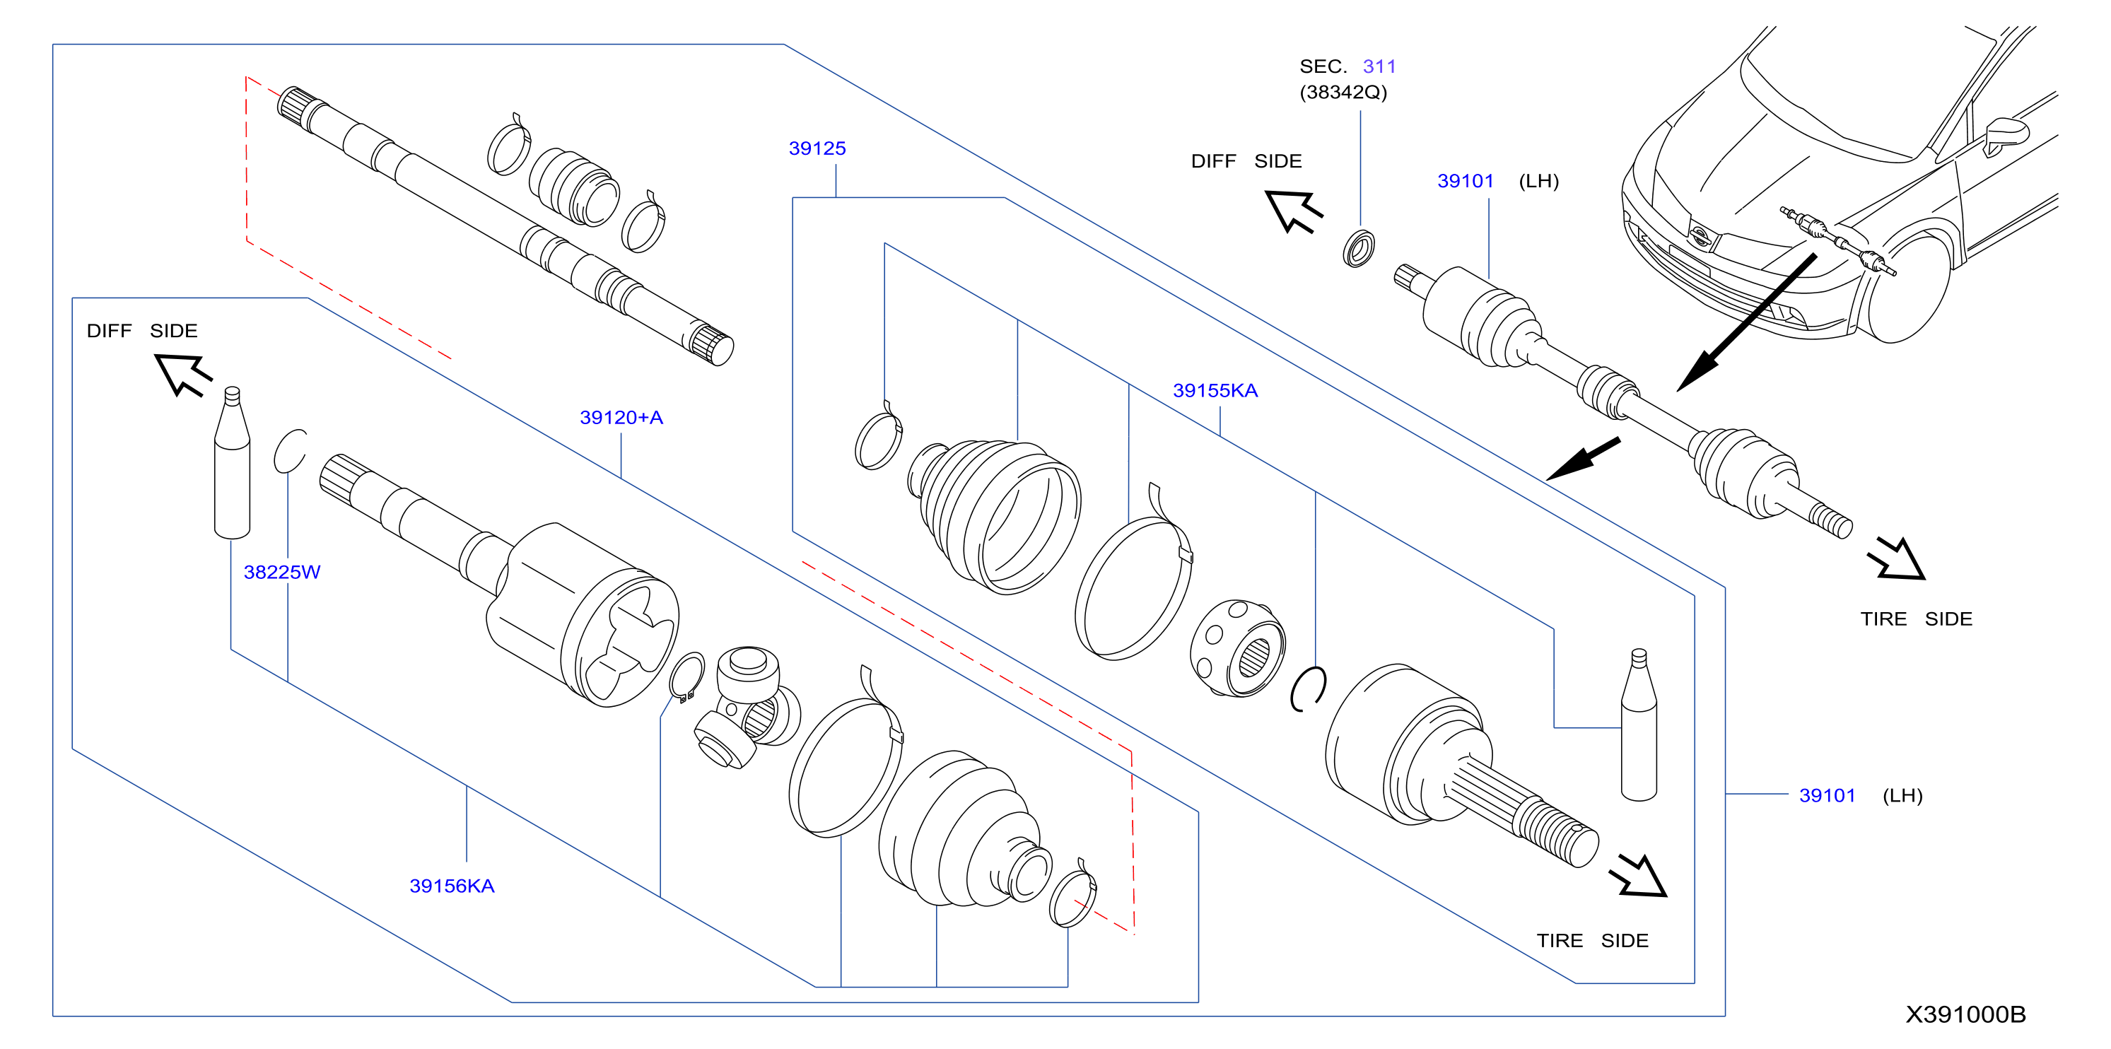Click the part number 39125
coord(817,148)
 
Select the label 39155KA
coord(1215,391)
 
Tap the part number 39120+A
coord(621,418)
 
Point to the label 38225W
coord(282,572)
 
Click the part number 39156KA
coord(452,886)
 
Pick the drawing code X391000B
coord(1965,1014)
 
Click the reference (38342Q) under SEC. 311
coord(1343,92)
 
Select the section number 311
coord(1379,66)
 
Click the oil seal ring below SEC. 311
coord(1359,249)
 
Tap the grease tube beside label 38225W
coord(232,463)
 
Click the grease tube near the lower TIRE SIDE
coord(1639,725)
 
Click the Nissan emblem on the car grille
coord(1701,236)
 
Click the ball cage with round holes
coord(1237,648)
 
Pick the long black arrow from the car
coord(1746,323)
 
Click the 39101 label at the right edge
coord(1827,795)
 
